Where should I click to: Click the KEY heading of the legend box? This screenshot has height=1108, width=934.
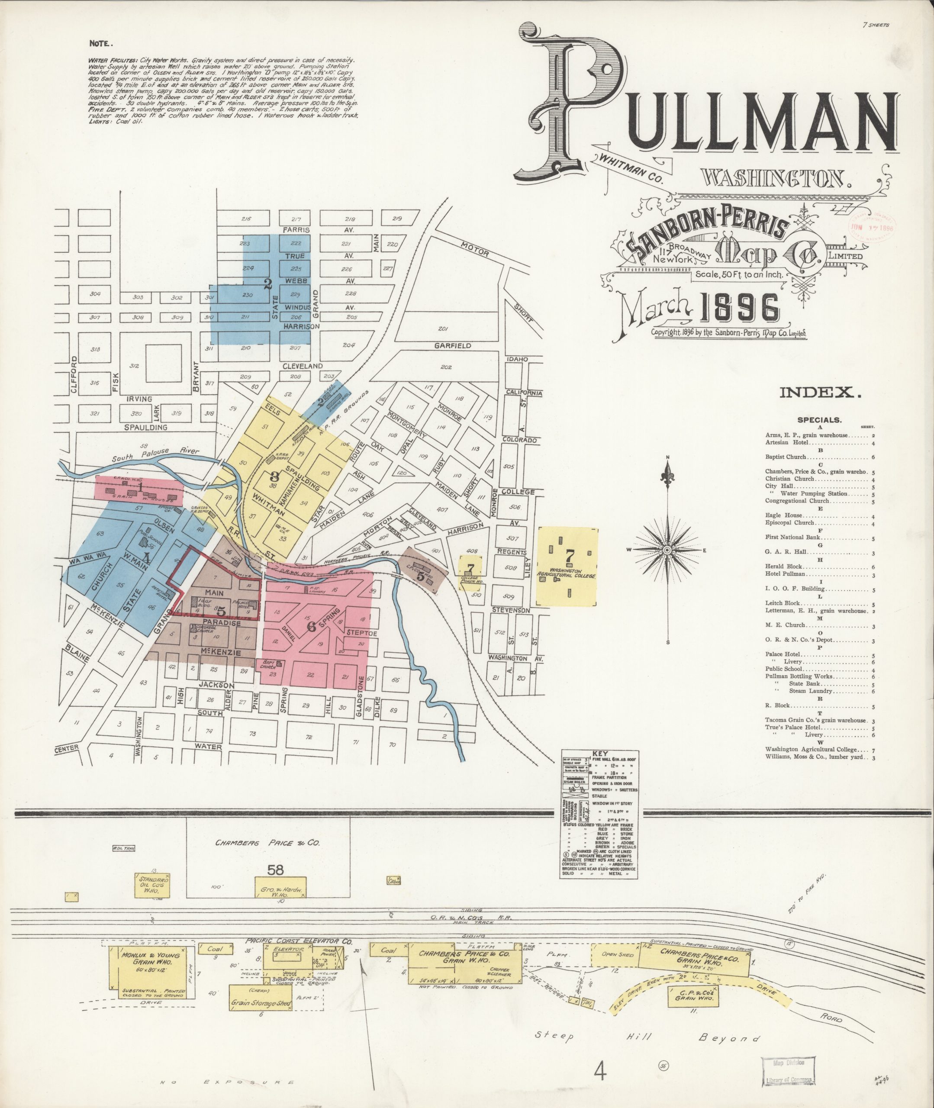pyautogui.click(x=600, y=754)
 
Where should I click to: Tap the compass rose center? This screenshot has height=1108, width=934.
pyautogui.click(x=667, y=550)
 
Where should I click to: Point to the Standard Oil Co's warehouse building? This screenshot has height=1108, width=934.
pyautogui.click(x=153, y=885)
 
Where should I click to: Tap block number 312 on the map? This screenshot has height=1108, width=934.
pyautogui.click(x=134, y=366)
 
